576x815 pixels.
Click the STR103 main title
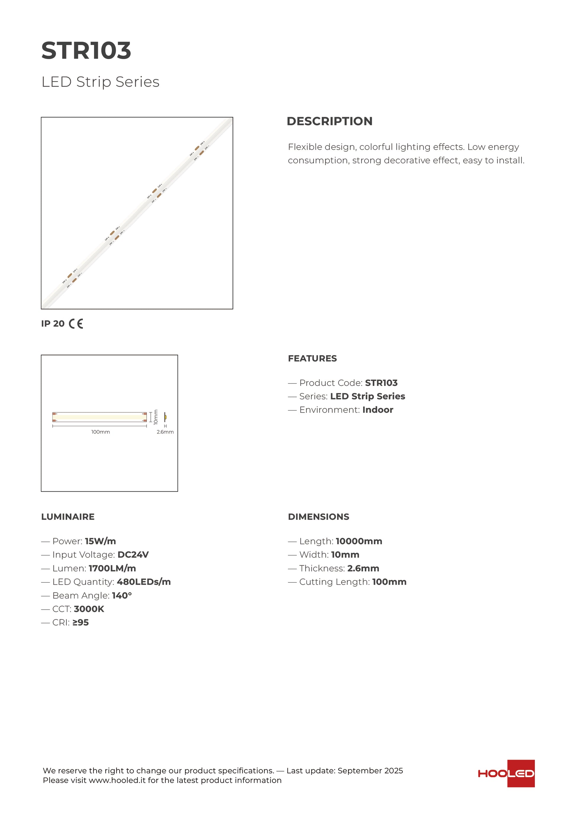[x=86, y=50]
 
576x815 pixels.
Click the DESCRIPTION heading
[x=329, y=121]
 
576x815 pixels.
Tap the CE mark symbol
[x=76, y=323]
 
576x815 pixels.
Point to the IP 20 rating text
[x=53, y=323]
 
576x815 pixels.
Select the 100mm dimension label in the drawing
[x=100, y=432]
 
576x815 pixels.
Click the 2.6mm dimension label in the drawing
[x=165, y=432]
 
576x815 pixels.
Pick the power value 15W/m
[x=100, y=541]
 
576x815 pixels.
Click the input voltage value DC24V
[x=133, y=554]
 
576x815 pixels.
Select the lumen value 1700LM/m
[x=112, y=568]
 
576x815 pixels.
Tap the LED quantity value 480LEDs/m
[x=144, y=582]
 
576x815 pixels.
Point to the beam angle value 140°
[x=122, y=595]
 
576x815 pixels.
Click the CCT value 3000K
[x=89, y=609]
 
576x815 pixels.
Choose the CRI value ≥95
[x=81, y=622]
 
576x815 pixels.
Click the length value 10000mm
[x=359, y=541]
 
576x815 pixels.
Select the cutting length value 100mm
[x=389, y=582]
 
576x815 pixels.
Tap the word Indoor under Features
[x=378, y=410]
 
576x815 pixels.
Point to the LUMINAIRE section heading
[x=68, y=516]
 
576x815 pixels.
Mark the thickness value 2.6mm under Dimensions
[x=363, y=568]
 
